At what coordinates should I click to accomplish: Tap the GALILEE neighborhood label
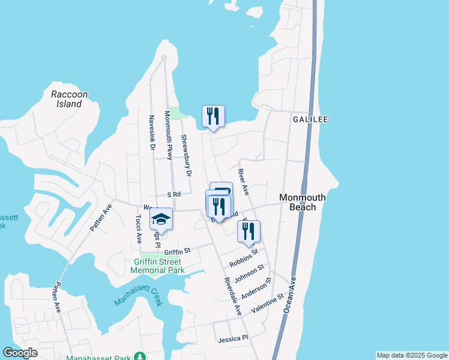310,119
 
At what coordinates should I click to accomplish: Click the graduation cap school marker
161,219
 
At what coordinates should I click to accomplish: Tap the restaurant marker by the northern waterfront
213,116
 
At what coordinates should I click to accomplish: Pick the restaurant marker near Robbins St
249,231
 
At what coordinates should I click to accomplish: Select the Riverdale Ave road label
233,296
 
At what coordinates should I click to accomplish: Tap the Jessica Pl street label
233,338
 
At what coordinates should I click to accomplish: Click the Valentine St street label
267,303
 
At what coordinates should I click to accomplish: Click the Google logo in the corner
20,352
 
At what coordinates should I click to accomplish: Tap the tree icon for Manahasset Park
140,357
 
